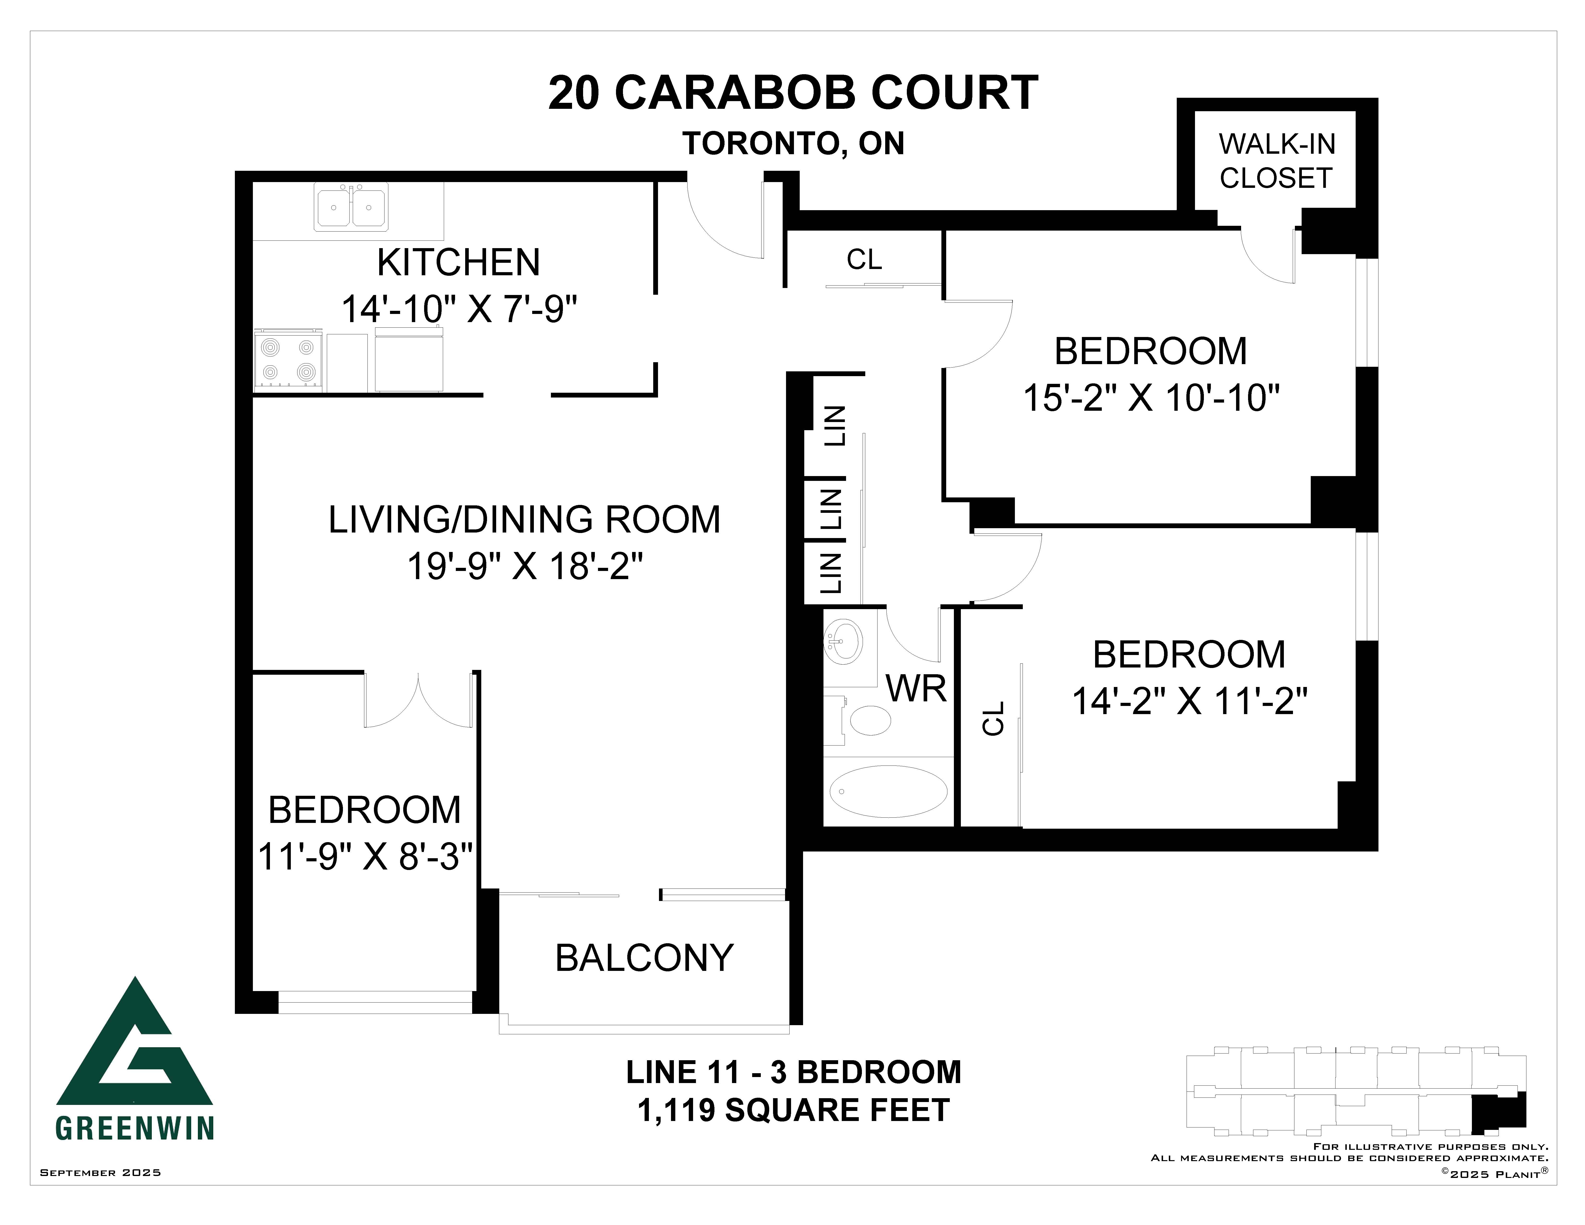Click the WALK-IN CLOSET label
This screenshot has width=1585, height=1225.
click(1277, 161)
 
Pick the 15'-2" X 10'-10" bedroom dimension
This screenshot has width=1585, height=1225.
click(1151, 398)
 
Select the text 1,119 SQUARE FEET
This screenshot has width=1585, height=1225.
click(793, 1110)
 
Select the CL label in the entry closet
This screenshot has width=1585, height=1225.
click(864, 259)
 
